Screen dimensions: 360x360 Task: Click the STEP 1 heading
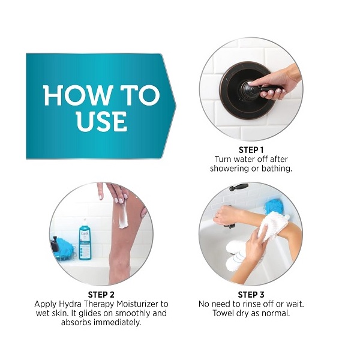click(x=251, y=150)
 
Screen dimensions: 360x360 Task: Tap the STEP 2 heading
click(x=101, y=295)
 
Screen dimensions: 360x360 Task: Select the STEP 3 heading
click(x=251, y=295)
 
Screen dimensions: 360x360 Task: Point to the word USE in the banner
click(x=101, y=121)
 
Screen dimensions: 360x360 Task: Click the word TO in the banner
click(x=140, y=95)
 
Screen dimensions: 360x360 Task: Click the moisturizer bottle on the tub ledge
click(x=85, y=241)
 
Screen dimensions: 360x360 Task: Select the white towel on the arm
click(x=273, y=226)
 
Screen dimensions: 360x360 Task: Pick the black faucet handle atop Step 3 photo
click(x=239, y=187)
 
